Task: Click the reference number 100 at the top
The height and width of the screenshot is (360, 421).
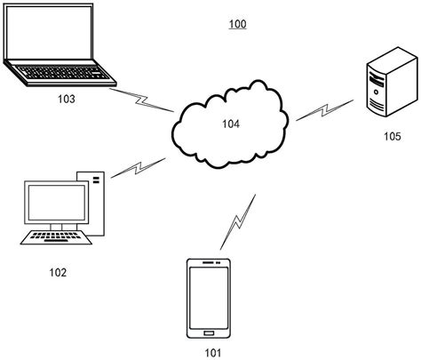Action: coord(238,24)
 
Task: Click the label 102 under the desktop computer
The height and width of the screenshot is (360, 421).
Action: coord(58,271)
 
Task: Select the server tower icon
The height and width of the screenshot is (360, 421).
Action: coord(380,83)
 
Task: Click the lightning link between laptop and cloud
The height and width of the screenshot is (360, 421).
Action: coord(141,97)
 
